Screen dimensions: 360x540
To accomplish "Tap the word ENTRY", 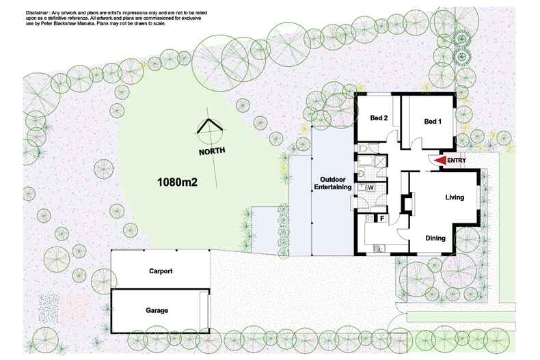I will (x=457, y=161).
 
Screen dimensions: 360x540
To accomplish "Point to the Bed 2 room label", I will (x=379, y=118).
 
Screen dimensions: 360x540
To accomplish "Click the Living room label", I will (x=455, y=197).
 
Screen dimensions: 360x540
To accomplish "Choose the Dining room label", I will (x=435, y=238).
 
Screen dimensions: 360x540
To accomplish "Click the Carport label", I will (x=161, y=271).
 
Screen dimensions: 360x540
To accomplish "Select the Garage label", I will (x=157, y=311).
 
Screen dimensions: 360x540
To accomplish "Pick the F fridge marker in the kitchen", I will (x=382, y=219).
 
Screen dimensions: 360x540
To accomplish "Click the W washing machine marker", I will (x=370, y=186).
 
